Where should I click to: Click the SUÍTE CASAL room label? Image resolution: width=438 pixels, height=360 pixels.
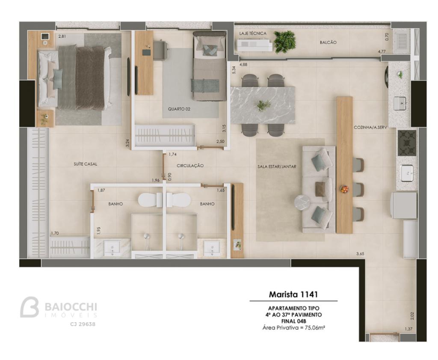tap(86, 164)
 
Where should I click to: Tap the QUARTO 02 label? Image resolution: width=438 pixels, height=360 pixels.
tap(179, 109)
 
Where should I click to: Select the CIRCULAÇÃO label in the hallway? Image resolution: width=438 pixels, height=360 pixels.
tap(190, 166)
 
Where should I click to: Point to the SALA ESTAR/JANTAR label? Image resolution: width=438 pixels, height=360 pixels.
tap(277, 167)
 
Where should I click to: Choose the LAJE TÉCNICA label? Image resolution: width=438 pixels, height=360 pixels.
tap(253, 33)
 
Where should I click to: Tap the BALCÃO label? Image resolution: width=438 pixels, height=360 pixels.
tap(328, 42)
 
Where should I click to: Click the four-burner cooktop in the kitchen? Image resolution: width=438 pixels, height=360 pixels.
tap(407, 143)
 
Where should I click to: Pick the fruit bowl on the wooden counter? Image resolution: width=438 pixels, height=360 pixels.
tap(344, 189)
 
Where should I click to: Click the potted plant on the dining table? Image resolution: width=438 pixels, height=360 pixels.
tap(263, 105)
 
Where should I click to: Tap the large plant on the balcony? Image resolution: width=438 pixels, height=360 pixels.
tap(284, 42)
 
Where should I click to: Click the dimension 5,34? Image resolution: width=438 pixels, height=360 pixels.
tap(234, 70)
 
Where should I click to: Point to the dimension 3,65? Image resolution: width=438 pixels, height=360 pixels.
tap(360, 254)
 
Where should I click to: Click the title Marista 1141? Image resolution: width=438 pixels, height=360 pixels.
tap(293, 295)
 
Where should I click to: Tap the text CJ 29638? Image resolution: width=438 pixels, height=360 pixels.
tap(83, 324)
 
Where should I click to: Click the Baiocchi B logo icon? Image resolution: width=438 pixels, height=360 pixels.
tap(29, 307)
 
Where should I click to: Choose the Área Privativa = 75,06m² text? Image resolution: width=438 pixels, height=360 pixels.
tap(293, 327)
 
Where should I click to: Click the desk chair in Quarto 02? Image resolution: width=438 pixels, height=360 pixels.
tap(160, 50)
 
